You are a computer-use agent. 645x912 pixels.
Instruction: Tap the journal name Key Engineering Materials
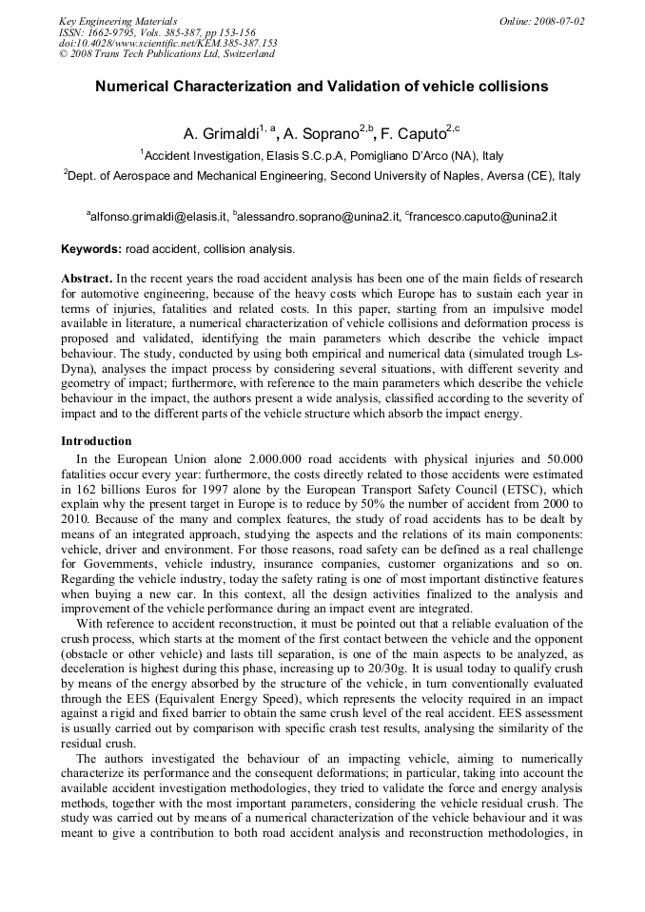(118, 20)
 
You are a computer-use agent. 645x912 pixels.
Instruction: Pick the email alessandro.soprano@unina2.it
(319, 217)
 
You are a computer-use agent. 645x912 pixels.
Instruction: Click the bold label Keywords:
(91, 249)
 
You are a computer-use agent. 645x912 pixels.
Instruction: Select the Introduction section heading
(96, 441)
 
